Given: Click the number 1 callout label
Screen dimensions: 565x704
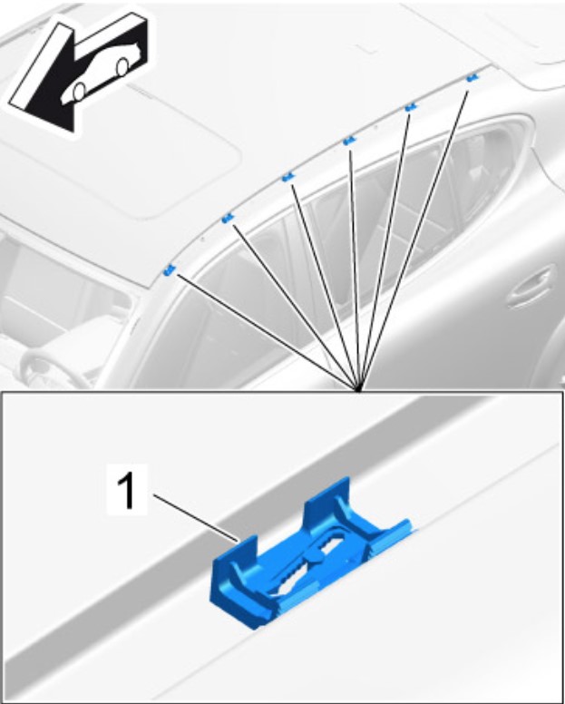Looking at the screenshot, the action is click(127, 492).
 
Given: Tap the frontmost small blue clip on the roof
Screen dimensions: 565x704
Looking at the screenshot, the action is click(170, 270).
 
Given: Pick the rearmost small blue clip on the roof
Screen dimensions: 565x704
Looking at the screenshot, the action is click(472, 78).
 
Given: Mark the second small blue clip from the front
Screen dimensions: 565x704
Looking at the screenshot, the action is click(228, 219).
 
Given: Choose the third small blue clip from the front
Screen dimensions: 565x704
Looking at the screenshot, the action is click(288, 178).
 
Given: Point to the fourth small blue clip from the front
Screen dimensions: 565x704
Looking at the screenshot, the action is click(349, 142).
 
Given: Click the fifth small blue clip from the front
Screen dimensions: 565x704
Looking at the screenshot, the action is click(411, 107).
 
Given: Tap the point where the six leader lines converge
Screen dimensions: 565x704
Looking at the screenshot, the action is click(358, 389).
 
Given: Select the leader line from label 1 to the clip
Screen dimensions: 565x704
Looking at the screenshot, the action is click(196, 518).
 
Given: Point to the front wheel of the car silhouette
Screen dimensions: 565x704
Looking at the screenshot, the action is click(79, 92).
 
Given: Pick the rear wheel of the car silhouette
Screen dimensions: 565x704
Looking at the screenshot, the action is click(122, 67).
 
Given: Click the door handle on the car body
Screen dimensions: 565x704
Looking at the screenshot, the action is click(531, 288).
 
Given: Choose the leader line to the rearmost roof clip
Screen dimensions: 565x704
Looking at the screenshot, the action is click(414, 240).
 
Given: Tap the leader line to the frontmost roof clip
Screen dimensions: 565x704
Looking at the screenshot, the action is click(268, 331).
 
